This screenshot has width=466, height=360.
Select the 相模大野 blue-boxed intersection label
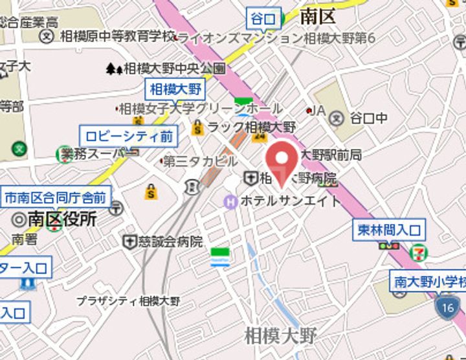tap(175, 89)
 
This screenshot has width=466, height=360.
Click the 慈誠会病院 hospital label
tap(172, 242)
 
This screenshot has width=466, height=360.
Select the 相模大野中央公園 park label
tap(174, 67)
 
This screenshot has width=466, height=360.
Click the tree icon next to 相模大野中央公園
tap(115, 67)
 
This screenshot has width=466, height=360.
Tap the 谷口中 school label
tap(368, 118)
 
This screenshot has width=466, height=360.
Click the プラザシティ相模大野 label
tap(128, 301)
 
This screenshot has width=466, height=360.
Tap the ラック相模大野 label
tap(251, 127)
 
